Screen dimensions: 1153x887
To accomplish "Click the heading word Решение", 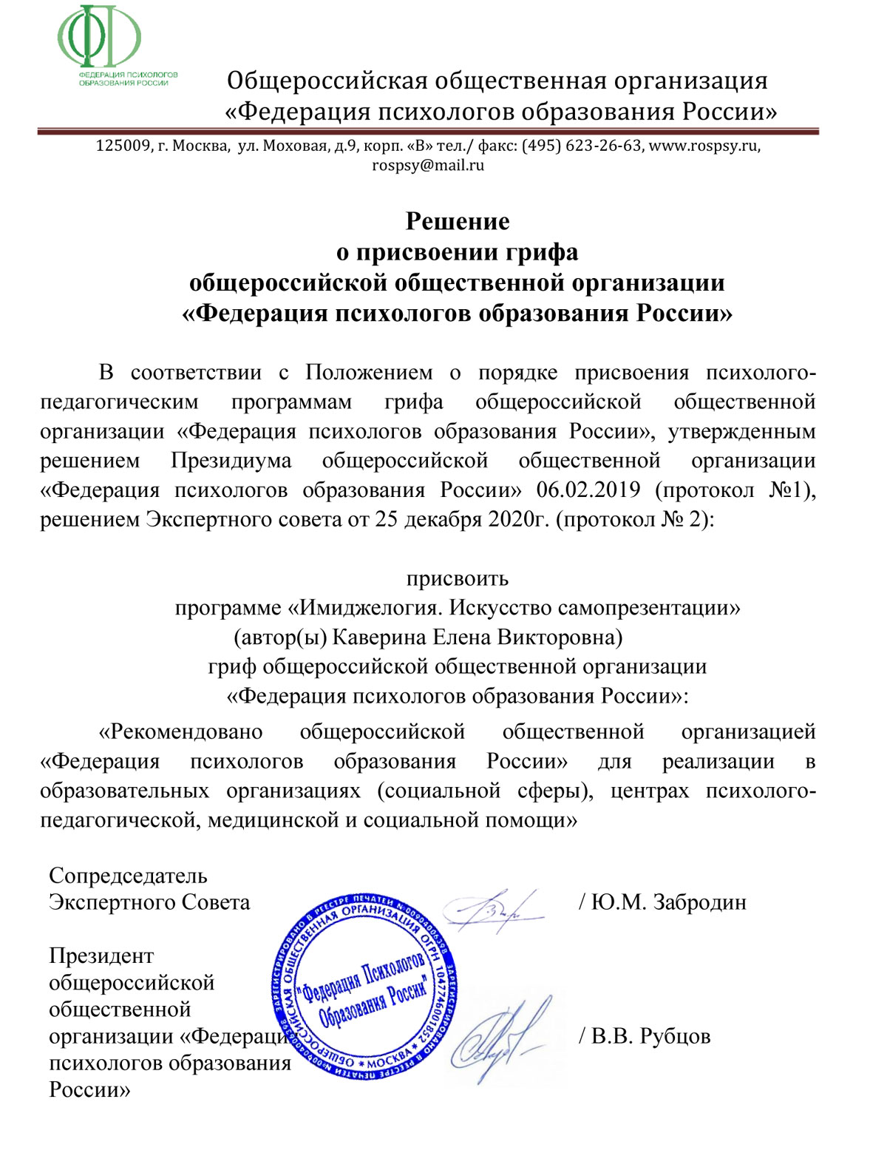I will click(458, 221).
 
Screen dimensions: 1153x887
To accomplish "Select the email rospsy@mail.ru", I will click(428, 165).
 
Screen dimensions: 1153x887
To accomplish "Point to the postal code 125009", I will click(123, 146).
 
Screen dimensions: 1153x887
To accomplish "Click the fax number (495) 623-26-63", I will click(582, 146).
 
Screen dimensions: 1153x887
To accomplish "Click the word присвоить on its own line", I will click(458, 578).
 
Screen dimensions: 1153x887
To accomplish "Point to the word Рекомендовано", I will click(181, 731).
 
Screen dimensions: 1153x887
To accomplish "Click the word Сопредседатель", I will click(128, 876).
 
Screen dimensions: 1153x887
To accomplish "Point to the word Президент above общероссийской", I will click(101, 956).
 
